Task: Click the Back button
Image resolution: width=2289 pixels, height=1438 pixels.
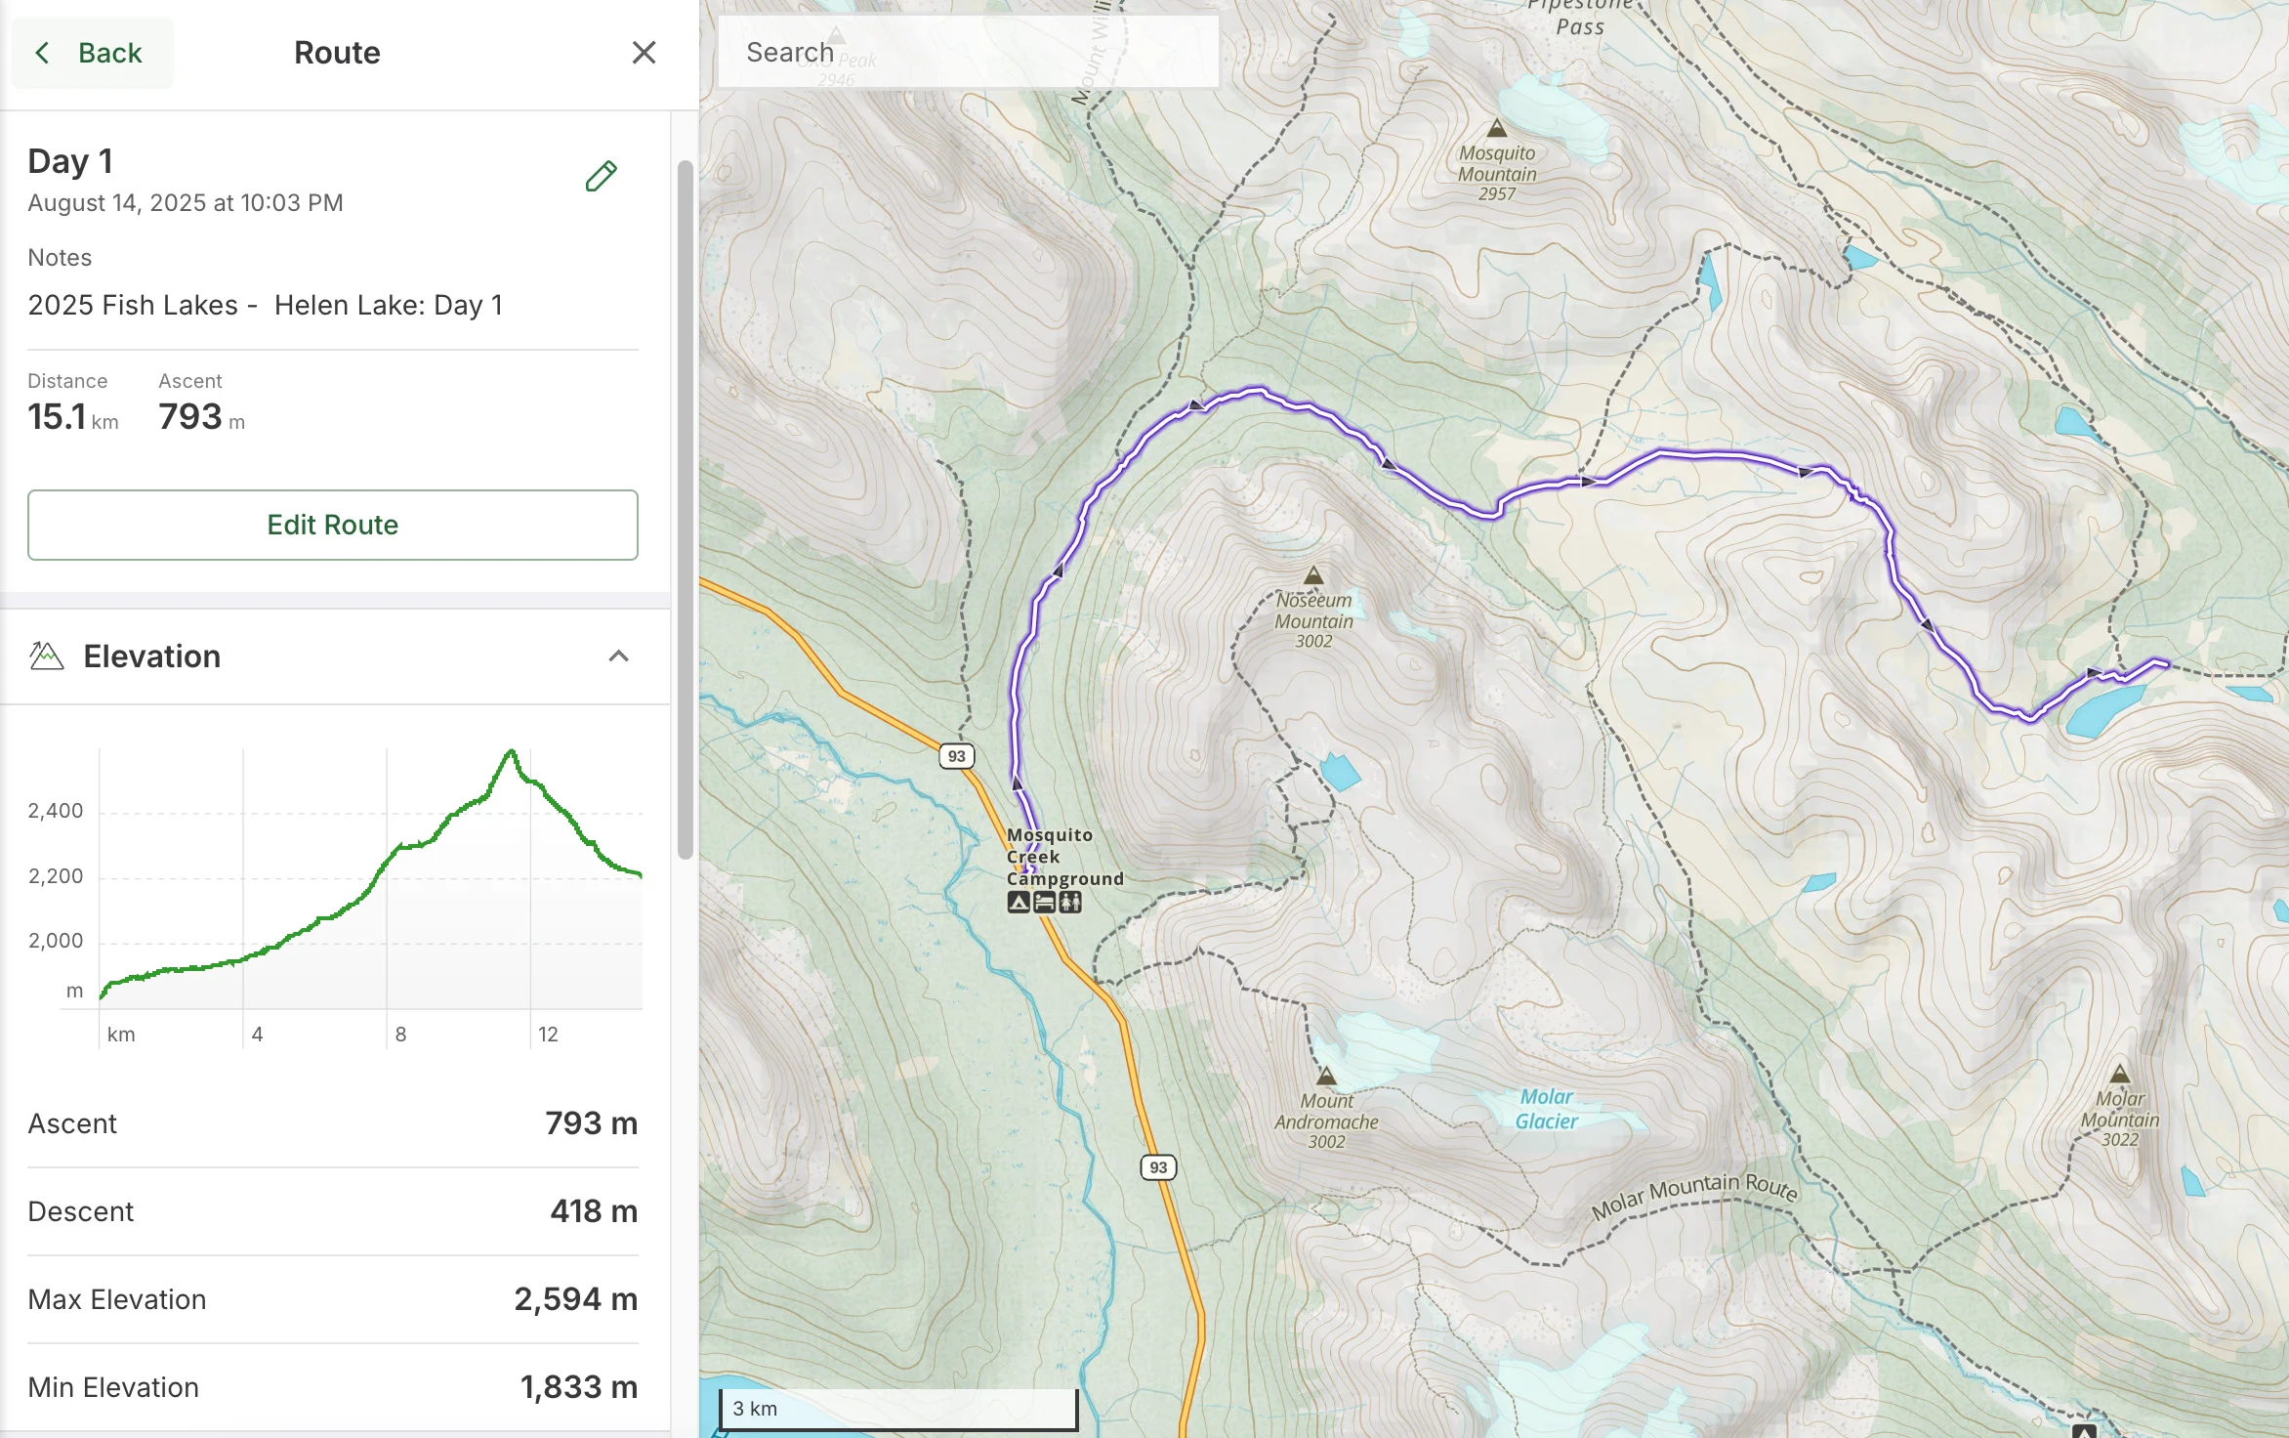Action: coord(92,53)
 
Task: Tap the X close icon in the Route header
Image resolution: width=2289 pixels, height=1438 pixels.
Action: coord(644,53)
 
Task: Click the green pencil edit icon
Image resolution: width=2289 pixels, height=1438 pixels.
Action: coord(601,176)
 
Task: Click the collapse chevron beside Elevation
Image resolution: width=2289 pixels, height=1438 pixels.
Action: coord(618,656)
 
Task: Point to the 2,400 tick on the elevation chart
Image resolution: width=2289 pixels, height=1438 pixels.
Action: coord(56,811)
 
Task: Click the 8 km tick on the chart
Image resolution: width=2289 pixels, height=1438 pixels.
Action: coord(400,1034)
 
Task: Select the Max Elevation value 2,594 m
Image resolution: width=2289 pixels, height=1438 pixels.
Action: coord(575,1299)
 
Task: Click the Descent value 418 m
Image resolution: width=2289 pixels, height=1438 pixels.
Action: coord(593,1211)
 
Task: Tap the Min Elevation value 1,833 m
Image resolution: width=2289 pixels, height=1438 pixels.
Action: coord(578,1387)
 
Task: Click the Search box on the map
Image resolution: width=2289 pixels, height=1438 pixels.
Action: coord(967,53)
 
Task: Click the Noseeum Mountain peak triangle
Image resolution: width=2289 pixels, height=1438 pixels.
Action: coord(1313,575)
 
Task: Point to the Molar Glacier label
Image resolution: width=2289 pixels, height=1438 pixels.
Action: coord(1546,1109)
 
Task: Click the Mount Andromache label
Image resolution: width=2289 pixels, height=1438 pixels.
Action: coord(1326,1121)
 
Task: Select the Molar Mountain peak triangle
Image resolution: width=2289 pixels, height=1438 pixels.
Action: coord(2119,1074)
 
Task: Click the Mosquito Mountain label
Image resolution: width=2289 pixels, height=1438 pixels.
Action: coord(1497,173)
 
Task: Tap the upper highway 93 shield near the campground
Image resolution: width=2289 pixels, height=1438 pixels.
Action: coord(956,756)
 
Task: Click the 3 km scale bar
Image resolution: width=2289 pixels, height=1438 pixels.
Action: coord(897,1409)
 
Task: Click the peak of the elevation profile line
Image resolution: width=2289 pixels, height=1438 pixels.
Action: coord(511,751)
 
